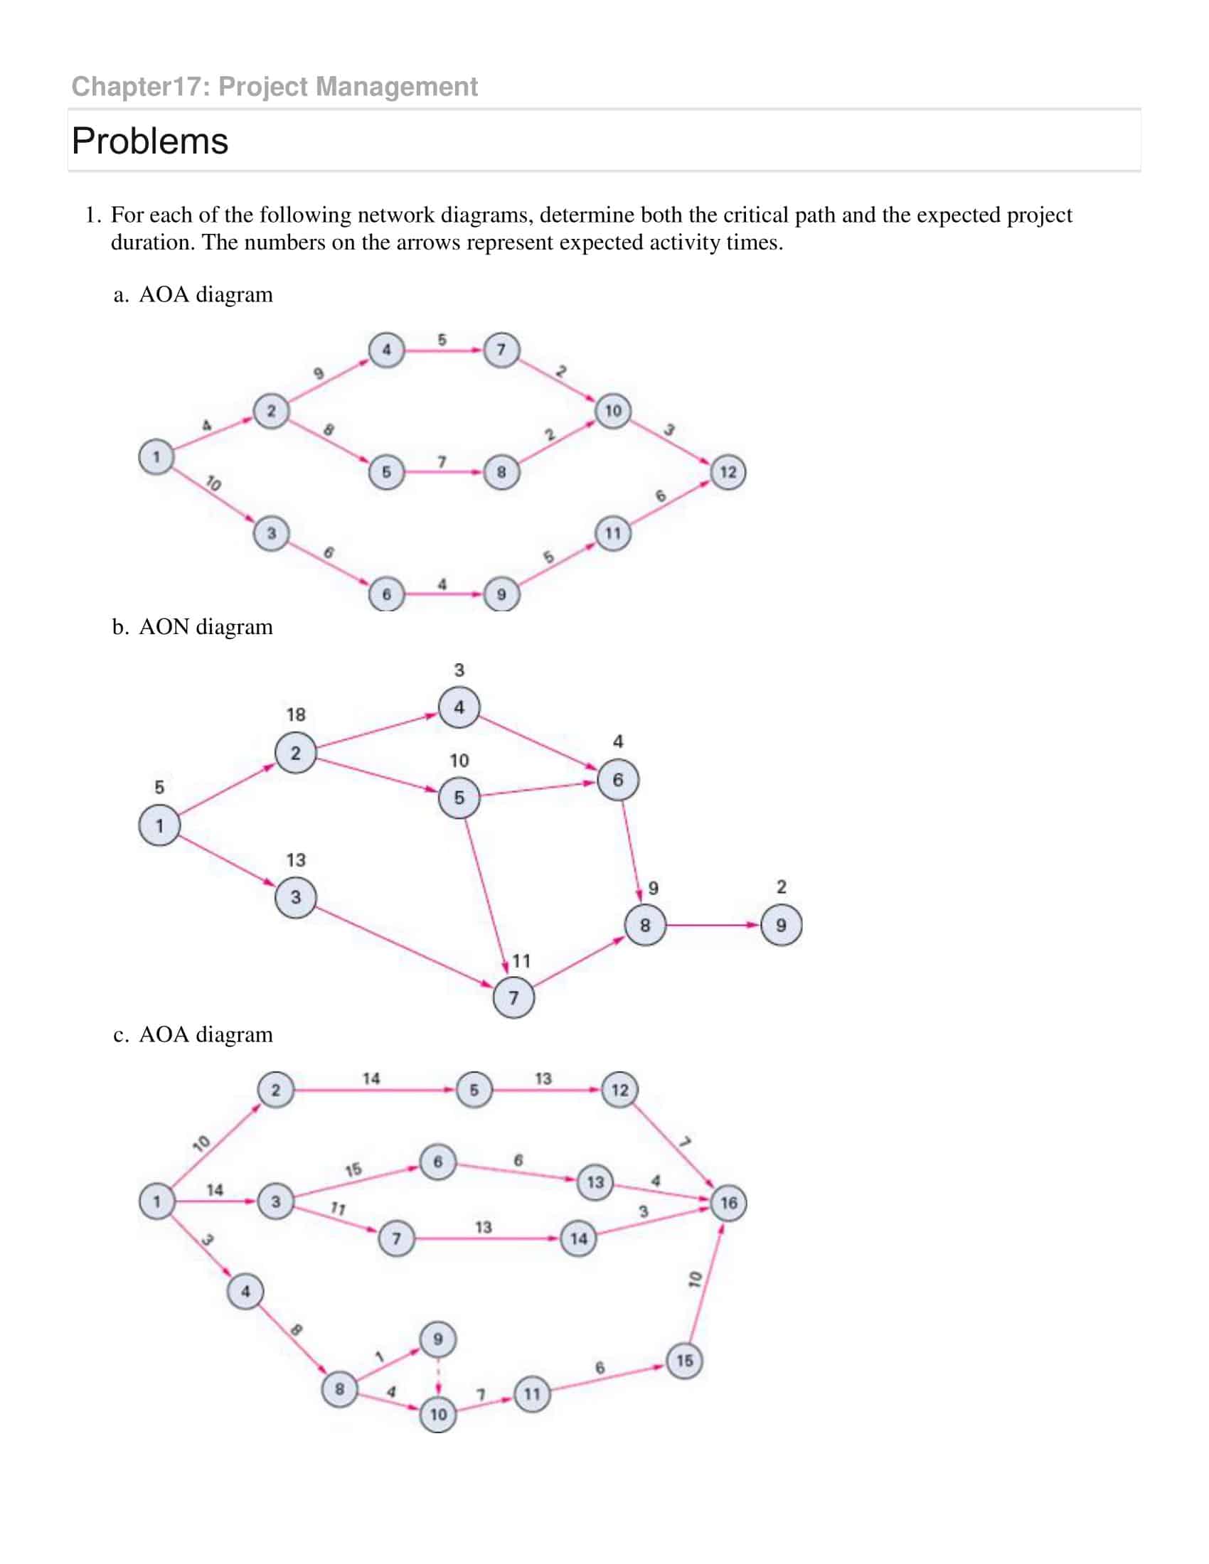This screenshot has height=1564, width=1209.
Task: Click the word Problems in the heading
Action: coord(149,141)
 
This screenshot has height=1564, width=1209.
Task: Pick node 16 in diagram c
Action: coord(728,1202)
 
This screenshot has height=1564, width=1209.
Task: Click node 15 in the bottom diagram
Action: coord(684,1360)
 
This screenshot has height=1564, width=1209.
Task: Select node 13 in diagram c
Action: coord(595,1182)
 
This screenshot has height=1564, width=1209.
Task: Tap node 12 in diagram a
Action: coord(728,472)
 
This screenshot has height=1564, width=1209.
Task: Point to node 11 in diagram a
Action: coord(613,533)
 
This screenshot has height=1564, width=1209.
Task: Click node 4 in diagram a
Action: coord(386,350)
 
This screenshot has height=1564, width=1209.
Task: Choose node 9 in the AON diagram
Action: coord(781,925)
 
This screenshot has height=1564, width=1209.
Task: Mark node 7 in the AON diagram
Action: coord(513,997)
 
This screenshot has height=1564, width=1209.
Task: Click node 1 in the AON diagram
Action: coord(159,825)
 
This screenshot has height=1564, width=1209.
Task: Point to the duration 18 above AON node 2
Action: coord(296,714)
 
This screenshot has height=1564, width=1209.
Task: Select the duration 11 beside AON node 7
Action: coord(521,961)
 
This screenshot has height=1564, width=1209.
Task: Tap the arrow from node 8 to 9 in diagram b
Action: coord(713,925)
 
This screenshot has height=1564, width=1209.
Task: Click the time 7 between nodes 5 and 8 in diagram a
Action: coord(442,462)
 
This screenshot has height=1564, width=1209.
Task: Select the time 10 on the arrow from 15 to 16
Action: coord(694,1279)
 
